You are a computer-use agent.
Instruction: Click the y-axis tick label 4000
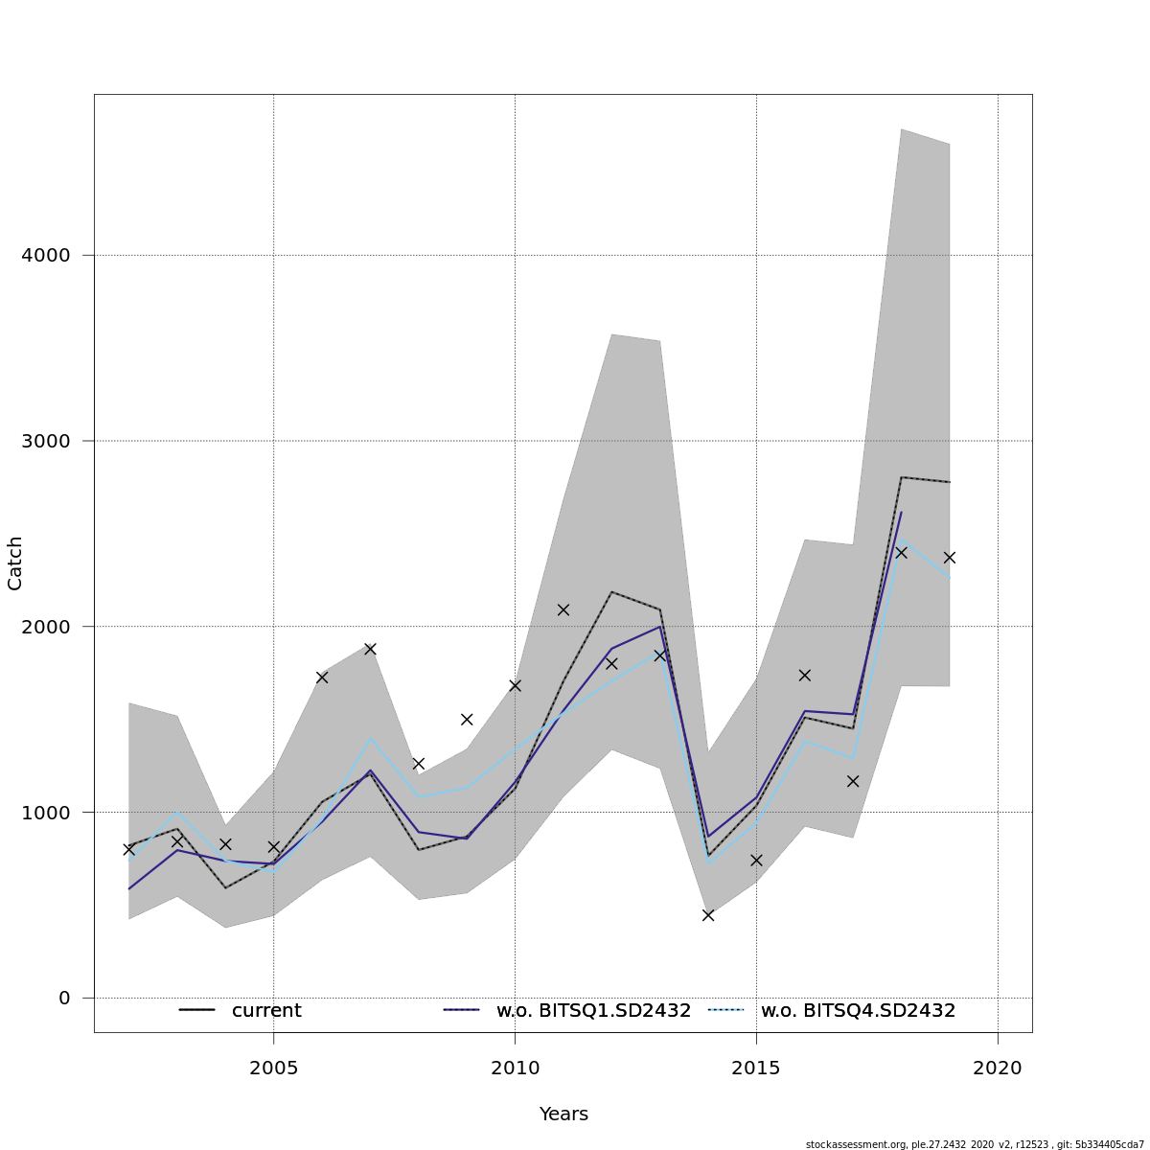click(46, 256)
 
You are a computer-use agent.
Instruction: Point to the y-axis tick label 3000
click(46, 441)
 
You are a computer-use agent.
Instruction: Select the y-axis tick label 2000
click(46, 627)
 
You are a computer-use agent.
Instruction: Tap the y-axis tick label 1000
click(46, 813)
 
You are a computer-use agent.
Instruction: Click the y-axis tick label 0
click(64, 999)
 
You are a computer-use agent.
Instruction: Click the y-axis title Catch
click(15, 563)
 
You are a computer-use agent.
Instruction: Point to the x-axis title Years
click(563, 1115)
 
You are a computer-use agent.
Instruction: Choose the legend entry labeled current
click(266, 1011)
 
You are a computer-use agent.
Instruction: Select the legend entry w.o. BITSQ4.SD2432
click(858, 1011)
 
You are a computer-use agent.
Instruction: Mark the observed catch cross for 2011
click(563, 609)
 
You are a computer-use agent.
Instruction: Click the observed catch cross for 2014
click(708, 915)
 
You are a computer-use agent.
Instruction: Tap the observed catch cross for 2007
click(370, 649)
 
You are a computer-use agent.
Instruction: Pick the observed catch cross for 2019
click(950, 557)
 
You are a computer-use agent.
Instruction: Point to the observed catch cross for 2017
click(853, 781)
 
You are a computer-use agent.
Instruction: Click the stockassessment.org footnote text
click(975, 1144)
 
